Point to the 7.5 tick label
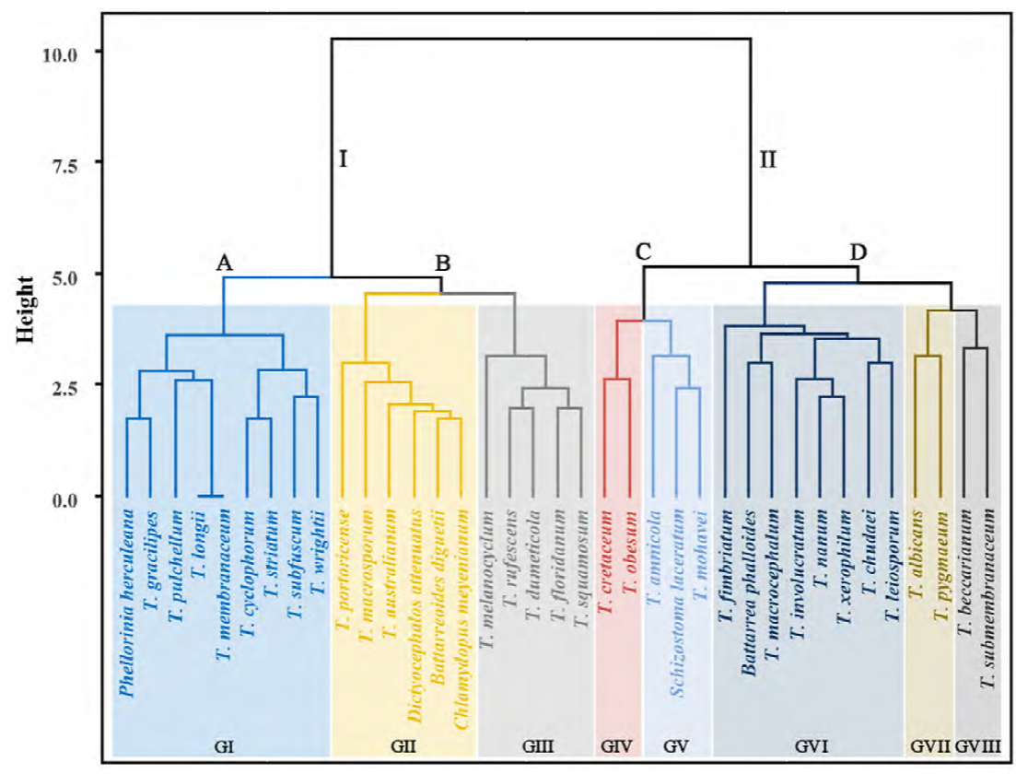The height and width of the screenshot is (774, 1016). tap(61, 163)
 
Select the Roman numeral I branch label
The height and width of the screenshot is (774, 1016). tap(342, 159)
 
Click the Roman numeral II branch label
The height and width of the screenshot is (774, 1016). tap(767, 159)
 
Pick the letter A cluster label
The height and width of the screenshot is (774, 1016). tap(223, 263)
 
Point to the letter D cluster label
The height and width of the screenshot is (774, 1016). tap(858, 251)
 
